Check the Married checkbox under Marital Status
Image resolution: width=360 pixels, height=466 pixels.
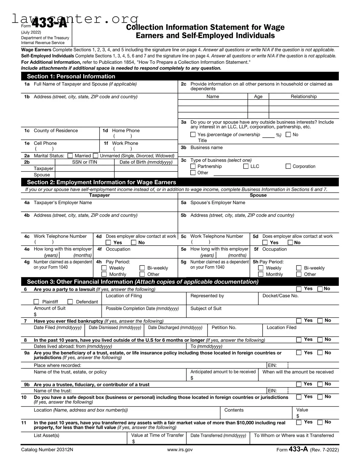pyautogui.click(x=70, y=156)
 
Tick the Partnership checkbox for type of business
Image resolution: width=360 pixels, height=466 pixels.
pyautogui.click(x=193, y=166)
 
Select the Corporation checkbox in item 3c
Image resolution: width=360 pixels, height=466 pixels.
pyautogui.click(x=288, y=166)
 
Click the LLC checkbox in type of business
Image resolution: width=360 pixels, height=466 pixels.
pyautogui.click(x=246, y=166)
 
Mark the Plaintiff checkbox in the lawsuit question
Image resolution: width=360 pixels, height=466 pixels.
pyautogui.click(x=36, y=302)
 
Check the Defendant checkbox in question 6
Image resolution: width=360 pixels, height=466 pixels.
pyautogui.click(x=70, y=302)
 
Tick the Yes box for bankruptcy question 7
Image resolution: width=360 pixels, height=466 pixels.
pyautogui.click(x=299, y=321)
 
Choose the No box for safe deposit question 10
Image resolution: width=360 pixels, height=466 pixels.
pyautogui.click(x=320, y=397)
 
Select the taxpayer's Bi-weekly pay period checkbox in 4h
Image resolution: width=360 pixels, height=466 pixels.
pyautogui.click(x=142, y=268)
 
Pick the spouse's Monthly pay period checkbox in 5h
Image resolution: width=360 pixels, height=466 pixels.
pyautogui.click(x=261, y=274)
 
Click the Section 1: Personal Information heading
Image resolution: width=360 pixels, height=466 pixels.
pyautogui.click(x=71, y=77)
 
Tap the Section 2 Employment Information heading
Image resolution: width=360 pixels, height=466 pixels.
pyautogui.click(x=101, y=182)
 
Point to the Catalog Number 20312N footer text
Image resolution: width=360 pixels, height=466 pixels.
pyautogui.click(x=47, y=450)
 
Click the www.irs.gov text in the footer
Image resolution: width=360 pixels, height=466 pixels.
pyautogui.click(x=180, y=450)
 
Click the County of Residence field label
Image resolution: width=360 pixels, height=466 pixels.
pyautogui.click(x=56, y=131)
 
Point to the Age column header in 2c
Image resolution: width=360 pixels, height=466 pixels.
pyautogui.click(x=258, y=96)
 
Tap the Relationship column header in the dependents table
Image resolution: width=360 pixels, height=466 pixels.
pyautogui.click(x=304, y=96)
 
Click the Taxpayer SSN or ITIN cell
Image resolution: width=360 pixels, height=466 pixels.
pyautogui.click(x=84, y=168)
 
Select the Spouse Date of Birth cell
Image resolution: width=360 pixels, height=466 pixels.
pyautogui.click(x=146, y=175)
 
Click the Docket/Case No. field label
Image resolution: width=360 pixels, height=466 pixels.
pyautogui.click(x=280, y=296)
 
